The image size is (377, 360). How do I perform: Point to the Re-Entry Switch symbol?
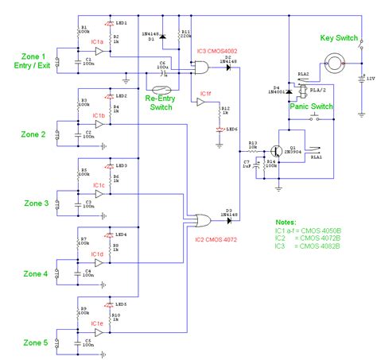pos(162,91)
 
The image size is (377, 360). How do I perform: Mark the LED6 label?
pos(231,129)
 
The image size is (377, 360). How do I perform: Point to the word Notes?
pos(287,223)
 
